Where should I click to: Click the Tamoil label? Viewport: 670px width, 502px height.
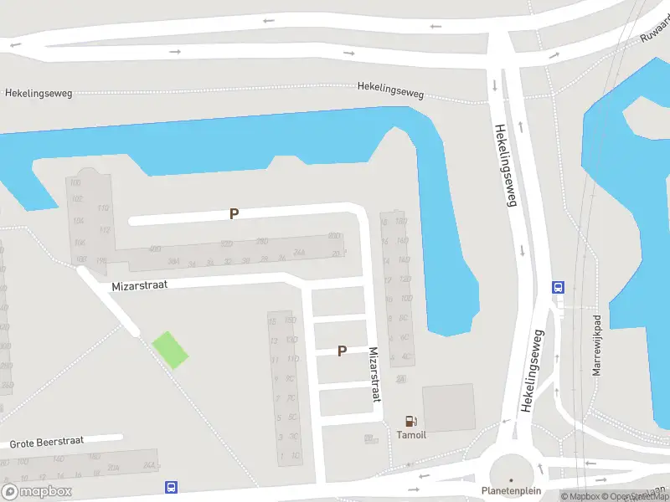[410, 435]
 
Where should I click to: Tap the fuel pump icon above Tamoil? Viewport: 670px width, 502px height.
[410, 422]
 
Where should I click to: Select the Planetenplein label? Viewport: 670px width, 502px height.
[511, 491]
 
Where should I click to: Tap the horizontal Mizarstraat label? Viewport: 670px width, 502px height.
[140, 285]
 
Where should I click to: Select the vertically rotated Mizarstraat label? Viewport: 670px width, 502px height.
[374, 375]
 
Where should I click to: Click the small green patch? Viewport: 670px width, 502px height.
[170, 350]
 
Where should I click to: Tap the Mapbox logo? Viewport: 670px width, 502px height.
[37, 491]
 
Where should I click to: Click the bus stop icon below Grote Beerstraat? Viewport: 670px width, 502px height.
[171, 487]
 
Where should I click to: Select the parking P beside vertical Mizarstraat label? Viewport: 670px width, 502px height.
[342, 351]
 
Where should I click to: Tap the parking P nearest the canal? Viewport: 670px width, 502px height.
[234, 214]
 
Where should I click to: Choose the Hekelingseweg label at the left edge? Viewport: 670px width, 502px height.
[39, 93]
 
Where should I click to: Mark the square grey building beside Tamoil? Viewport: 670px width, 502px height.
[448, 407]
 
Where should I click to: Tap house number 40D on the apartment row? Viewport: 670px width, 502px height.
[155, 249]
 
